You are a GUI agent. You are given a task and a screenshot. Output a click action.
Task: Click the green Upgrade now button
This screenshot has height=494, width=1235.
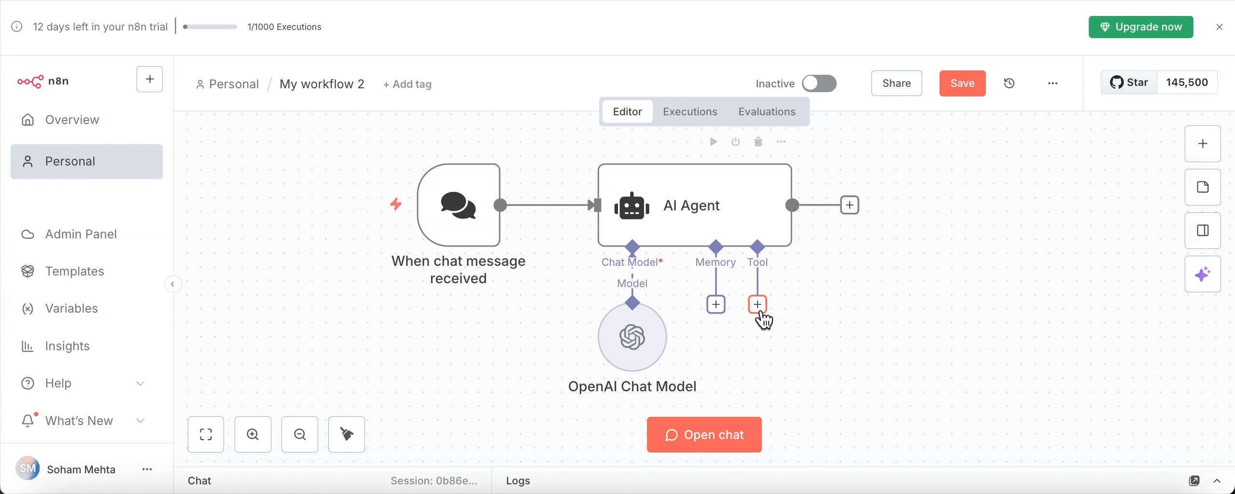1140,27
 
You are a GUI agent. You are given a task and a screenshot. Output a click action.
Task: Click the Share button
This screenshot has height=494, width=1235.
896,83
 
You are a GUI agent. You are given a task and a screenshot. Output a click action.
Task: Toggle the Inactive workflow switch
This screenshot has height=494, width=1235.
819,83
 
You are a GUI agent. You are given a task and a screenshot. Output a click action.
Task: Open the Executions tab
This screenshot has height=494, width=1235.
689,111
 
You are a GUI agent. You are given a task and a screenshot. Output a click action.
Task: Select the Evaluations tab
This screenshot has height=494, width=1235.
766,111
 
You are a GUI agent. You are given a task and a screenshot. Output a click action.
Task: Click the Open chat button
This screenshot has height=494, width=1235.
704,435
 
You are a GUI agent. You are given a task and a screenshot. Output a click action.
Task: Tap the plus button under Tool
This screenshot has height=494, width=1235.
757,304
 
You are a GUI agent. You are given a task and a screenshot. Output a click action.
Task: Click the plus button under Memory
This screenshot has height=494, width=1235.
716,304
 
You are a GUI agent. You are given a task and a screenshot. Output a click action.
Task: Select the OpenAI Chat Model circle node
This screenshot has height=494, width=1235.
632,337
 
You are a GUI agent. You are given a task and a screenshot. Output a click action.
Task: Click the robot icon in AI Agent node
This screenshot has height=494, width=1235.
632,206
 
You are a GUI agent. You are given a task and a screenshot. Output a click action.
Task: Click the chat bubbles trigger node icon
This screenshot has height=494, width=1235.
458,206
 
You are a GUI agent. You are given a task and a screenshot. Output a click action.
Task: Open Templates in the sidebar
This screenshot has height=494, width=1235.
74,271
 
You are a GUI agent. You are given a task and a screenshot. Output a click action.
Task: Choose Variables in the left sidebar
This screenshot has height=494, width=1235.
71,308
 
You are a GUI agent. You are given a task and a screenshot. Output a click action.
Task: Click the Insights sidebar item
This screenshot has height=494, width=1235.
67,346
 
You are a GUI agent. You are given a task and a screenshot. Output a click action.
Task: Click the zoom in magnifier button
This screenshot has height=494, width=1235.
253,434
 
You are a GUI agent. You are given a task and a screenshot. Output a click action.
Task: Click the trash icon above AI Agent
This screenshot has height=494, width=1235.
758,141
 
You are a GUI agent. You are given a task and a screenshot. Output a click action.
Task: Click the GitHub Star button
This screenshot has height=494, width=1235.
1129,82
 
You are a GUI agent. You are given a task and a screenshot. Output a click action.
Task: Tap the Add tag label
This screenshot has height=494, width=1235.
407,84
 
